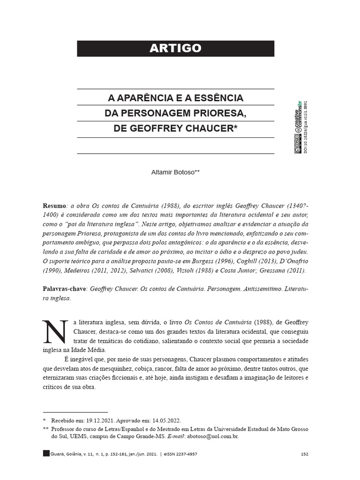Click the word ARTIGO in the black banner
(x=176, y=48)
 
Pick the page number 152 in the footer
(x=304, y=454)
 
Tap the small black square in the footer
(x=45, y=453)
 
